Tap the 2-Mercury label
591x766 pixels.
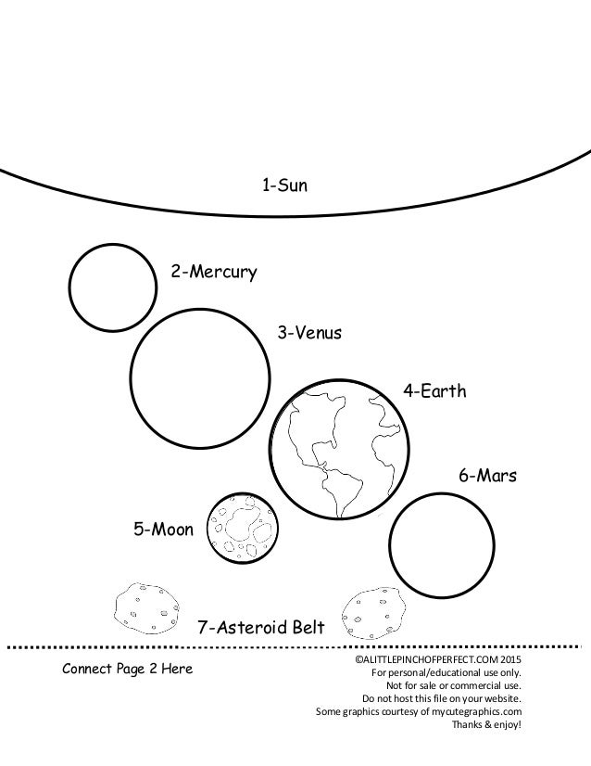pyautogui.click(x=213, y=273)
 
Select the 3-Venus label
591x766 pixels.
pyautogui.click(x=310, y=333)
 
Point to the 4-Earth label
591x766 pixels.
pyautogui.click(x=435, y=391)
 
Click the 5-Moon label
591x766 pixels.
pyautogui.click(x=164, y=530)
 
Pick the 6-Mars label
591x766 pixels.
pyautogui.click(x=486, y=477)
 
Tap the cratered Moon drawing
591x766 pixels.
pyautogui.click(x=244, y=530)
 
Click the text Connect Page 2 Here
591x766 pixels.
pyautogui.click(x=128, y=669)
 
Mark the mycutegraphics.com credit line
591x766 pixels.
pyautogui.click(x=420, y=711)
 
